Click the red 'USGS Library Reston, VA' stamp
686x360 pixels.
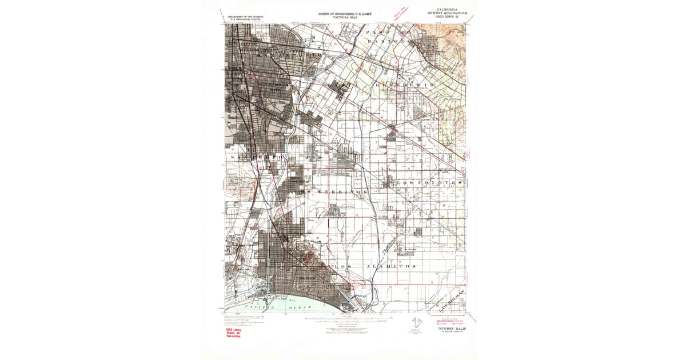coord(232,333)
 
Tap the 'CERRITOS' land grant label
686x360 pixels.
coord(337,192)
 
